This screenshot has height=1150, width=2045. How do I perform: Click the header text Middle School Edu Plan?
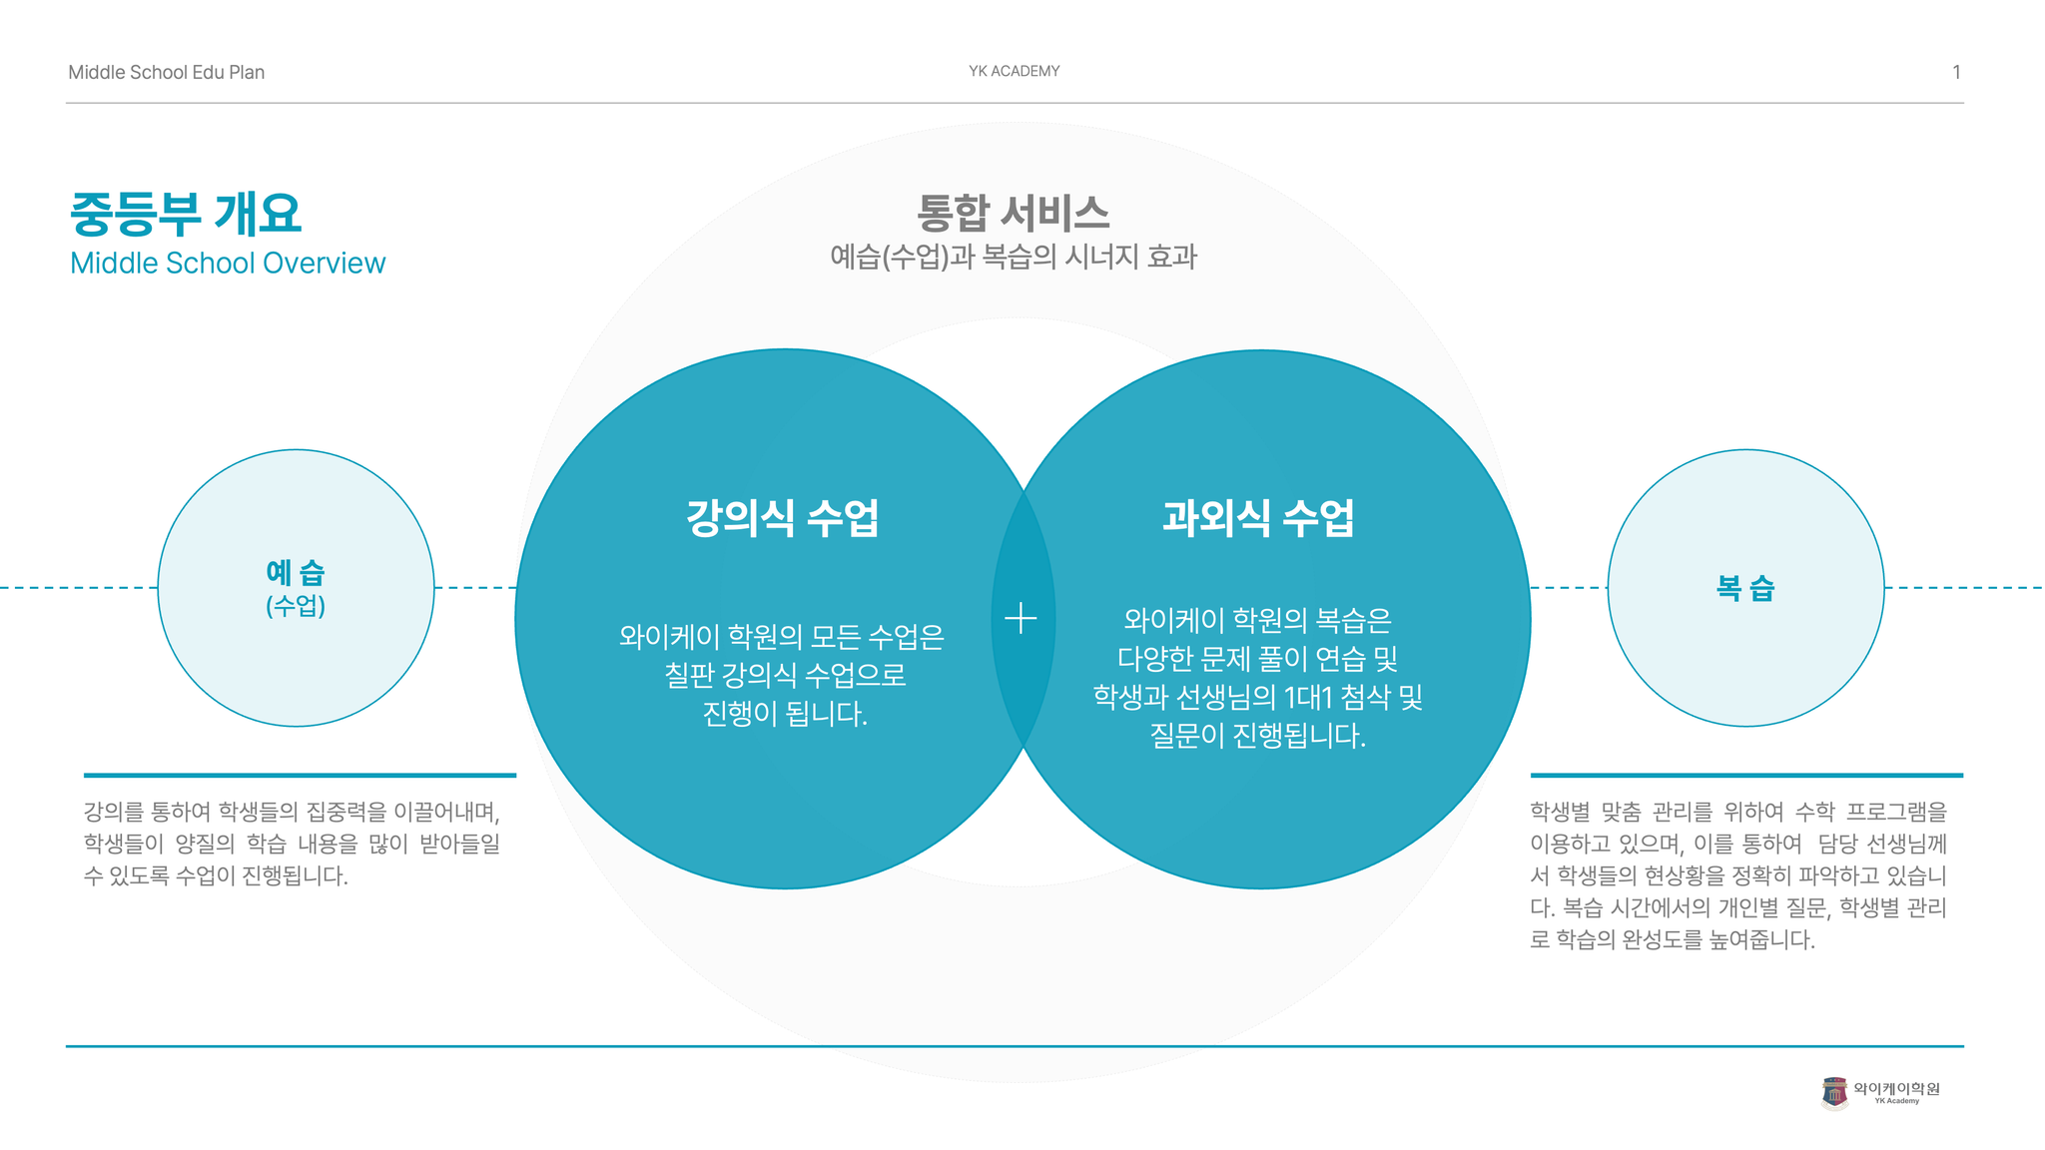pos(166,72)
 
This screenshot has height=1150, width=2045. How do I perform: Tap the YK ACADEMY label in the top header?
pos(1014,71)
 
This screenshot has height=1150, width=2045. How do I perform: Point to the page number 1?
pos(1956,72)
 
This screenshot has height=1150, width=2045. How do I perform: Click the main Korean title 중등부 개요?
pos(186,213)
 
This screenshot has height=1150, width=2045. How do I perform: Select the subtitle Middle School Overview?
pos(228,263)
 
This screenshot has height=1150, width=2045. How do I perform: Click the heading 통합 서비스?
pos(1014,213)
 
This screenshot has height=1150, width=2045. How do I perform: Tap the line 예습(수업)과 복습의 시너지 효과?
pos(1014,257)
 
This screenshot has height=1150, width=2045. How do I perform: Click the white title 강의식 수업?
pos(783,517)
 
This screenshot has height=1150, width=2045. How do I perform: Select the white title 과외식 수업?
pos(1258,517)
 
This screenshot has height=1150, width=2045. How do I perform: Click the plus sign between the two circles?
pos(1021,619)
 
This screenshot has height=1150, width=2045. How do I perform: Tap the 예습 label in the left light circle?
pos(296,572)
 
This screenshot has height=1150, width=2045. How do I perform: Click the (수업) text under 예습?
pos(296,606)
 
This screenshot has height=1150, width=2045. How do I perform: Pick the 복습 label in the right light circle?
pos(1745,588)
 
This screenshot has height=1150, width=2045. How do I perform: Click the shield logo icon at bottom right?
pos(1834,1093)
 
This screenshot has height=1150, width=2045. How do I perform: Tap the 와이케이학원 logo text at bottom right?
pos(1896,1088)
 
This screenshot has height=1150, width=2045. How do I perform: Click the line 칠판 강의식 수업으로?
pos(785,676)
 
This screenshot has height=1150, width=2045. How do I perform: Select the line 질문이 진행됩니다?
pos(1258,736)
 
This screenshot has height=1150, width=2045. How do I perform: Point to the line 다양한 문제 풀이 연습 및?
pos(1258,659)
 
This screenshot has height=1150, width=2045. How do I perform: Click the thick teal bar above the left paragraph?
pos(300,775)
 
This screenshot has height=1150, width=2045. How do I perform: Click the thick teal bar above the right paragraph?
pos(1746,775)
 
